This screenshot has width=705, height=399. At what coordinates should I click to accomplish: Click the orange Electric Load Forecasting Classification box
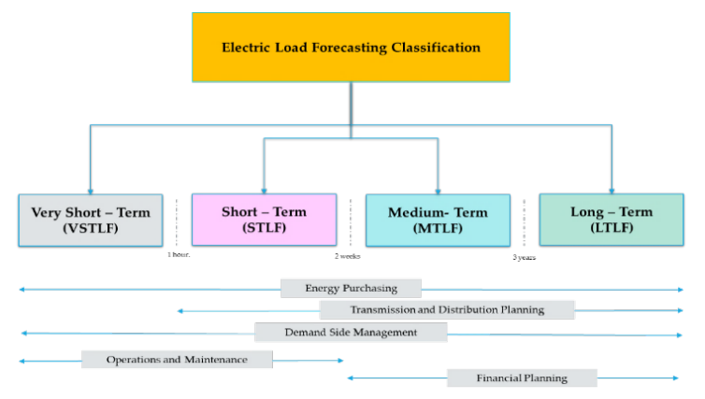(x=351, y=47)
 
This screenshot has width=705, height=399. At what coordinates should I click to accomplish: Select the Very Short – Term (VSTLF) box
(x=91, y=221)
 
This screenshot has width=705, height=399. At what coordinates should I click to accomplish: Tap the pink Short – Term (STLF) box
(x=264, y=220)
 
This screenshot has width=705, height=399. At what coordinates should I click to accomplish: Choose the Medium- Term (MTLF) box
(x=438, y=221)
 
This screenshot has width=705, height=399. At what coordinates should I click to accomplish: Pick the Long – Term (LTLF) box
(x=611, y=220)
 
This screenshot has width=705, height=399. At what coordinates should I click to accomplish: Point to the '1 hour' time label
(x=179, y=255)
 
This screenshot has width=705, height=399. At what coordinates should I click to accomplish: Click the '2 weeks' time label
(x=348, y=256)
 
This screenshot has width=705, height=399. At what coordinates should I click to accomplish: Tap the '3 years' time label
(x=525, y=258)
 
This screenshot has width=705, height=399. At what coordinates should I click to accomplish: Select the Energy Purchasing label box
(x=351, y=289)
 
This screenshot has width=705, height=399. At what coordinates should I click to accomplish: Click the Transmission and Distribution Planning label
(x=447, y=310)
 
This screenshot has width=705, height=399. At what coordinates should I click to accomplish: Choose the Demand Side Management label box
(x=351, y=333)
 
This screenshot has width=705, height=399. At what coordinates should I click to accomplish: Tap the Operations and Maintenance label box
(x=177, y=360)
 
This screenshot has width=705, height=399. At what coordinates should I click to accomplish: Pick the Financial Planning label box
(x=522, y=378)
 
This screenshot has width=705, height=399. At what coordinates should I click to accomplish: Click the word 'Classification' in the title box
(x=436, y=47)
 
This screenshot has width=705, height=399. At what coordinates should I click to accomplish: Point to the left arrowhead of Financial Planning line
(x=351, y=378)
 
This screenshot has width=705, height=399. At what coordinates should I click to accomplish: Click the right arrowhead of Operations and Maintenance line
(x=340, y=361)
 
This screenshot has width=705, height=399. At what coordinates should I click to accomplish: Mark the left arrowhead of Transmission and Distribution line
(x=180, y=311)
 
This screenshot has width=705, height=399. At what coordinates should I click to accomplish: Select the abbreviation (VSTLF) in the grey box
(x=91, y=228)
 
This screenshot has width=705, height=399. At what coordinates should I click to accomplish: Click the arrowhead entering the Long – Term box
(x=611, y=192)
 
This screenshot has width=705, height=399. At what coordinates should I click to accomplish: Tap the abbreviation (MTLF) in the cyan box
(x=438, y=228)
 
